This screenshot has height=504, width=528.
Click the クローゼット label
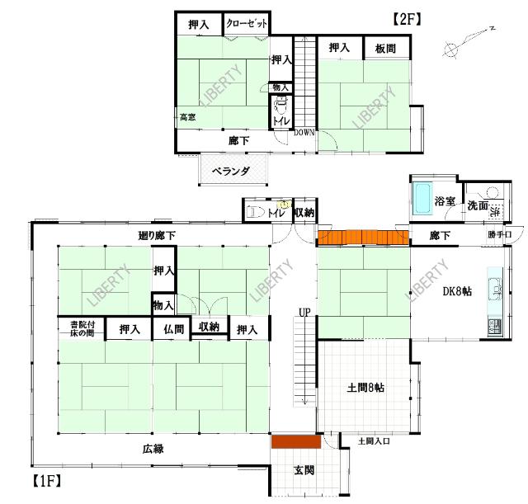click(x=247, y=25)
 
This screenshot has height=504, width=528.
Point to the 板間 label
click(x=384, y=49)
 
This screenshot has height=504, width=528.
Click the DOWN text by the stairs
click(x=304, y=133)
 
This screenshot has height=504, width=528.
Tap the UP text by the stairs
click(x=304, y=313)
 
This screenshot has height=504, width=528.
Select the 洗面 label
click(x=478, y=206)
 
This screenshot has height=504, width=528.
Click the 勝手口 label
click(x=499, y=235)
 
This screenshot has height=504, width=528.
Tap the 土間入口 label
click(x=374, y=442)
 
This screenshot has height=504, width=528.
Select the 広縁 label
click(x=153, y=449)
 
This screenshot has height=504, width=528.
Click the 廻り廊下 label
click(x=157, y=237)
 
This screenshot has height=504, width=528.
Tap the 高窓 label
click(x=187, y=117)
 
